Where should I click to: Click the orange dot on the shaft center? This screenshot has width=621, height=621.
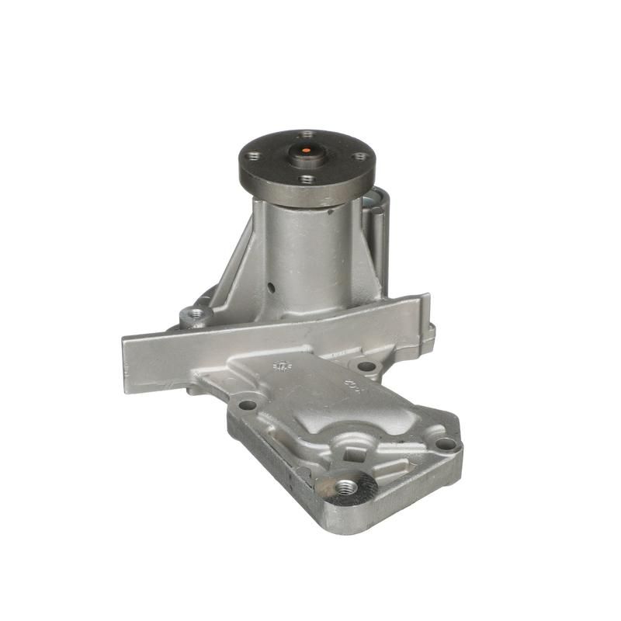pyautogui.click(x=306, y=150)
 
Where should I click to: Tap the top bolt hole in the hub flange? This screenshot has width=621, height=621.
pyautogui.click(x=307, y=134)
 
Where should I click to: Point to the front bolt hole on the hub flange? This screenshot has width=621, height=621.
pyautogui.click(x=307, y=179)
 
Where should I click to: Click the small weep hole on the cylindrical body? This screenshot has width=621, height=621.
pyautogui.click(x=272, y=288)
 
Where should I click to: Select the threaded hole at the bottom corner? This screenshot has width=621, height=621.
pyautogui.click(x=345, y=487)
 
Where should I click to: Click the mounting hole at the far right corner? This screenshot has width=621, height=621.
pyautogui.click(x=445, y=444)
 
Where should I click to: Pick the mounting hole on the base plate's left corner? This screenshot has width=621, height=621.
pyautogui.click(x=248, y=404)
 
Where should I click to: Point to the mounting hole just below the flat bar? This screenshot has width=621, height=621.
pyautogui.click(x=366, y=366)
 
